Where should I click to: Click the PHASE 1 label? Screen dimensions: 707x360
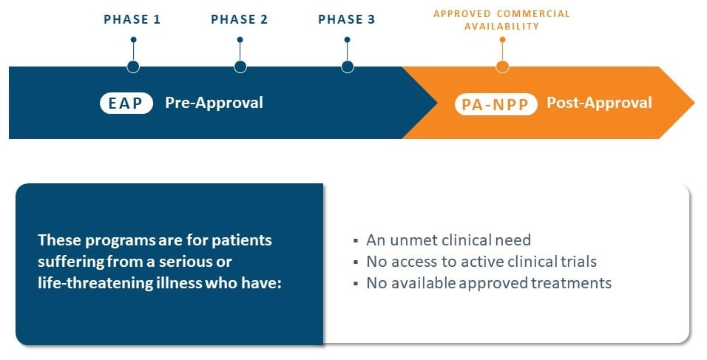(132, 19)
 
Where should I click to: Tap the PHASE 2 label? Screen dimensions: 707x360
(240, 19)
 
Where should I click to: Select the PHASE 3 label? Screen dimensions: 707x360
(347, 19)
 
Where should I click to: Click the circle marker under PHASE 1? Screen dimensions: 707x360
(133, 67)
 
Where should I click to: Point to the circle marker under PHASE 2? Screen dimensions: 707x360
(240, 67)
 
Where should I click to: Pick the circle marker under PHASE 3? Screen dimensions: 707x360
(347, 67)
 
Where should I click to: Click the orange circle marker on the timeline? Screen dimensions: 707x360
(502, 67)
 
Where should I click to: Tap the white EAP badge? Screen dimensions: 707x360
(126, 103)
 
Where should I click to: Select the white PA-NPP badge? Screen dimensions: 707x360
(495, 104)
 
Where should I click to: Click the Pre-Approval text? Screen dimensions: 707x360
(214, 103)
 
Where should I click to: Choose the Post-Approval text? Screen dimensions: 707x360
(599, 103)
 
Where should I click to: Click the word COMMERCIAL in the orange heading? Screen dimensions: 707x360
(533, 14)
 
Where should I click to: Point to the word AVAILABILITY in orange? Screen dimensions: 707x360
(502, 27)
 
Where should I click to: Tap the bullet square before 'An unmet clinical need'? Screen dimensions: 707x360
(356, 241)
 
